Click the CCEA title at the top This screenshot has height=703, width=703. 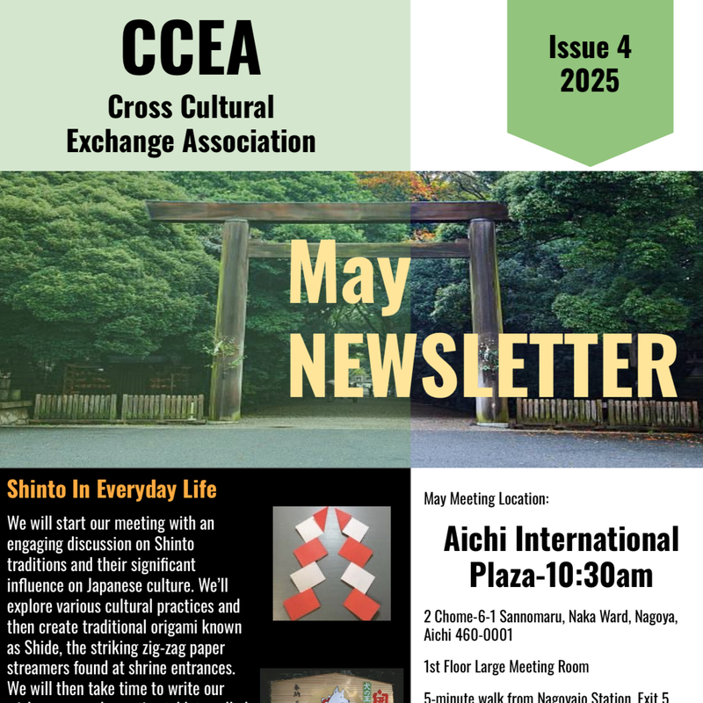191,47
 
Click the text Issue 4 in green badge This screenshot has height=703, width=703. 590,48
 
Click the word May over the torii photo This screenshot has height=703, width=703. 349,274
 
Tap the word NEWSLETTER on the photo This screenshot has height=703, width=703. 483,359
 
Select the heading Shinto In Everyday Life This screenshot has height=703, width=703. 112,489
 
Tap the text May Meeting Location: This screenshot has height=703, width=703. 486,499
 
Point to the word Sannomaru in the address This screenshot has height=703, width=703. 544,617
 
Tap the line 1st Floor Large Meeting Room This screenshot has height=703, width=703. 506,667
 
